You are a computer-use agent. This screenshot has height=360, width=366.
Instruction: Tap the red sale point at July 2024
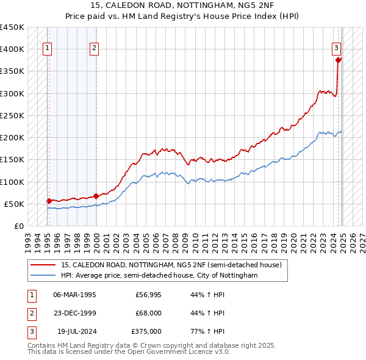click(339, 60)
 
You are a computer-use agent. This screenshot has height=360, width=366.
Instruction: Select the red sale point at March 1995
click(49, 200)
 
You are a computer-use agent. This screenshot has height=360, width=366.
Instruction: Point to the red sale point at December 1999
click(96, 196)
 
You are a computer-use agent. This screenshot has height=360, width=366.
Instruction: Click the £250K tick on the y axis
click(12, 115)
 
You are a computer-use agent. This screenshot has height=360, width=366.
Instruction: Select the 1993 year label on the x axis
click(28, 238)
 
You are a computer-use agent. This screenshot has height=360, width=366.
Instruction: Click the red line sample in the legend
click(43, 265)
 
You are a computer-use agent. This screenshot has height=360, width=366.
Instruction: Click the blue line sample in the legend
click(43, 276)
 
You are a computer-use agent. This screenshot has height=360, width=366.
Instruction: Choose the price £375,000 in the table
click(146, 331)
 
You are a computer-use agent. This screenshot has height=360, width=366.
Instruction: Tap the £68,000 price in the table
click(148, 313)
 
